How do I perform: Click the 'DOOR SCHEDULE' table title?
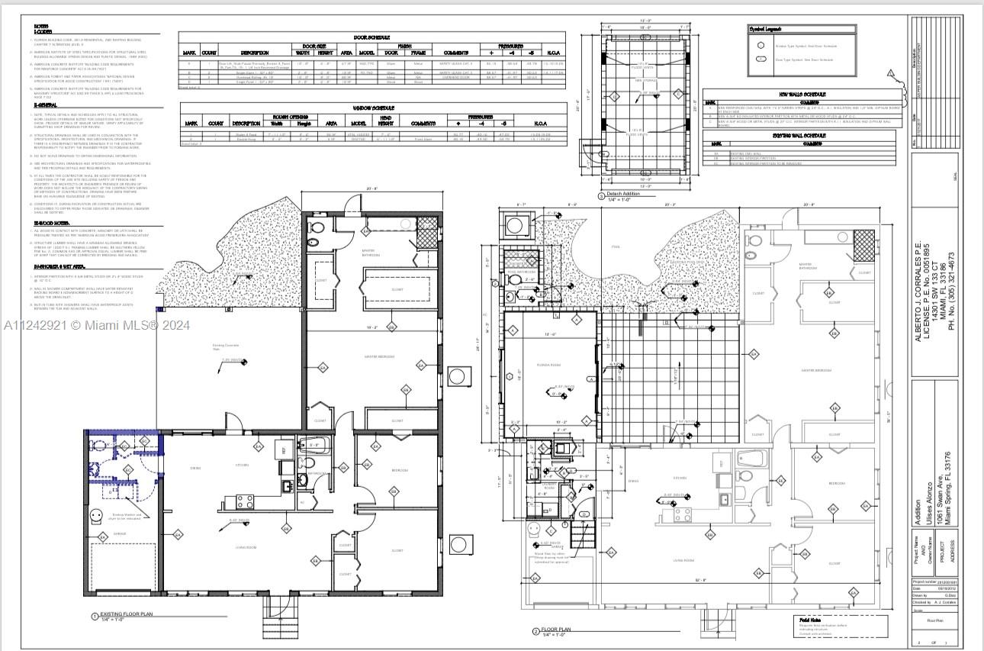(x=372, y=37)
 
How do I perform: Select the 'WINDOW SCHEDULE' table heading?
(x=372, y=108)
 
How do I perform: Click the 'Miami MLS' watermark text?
(x=96, y=325)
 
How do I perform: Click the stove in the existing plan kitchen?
(x=246, y=501)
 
